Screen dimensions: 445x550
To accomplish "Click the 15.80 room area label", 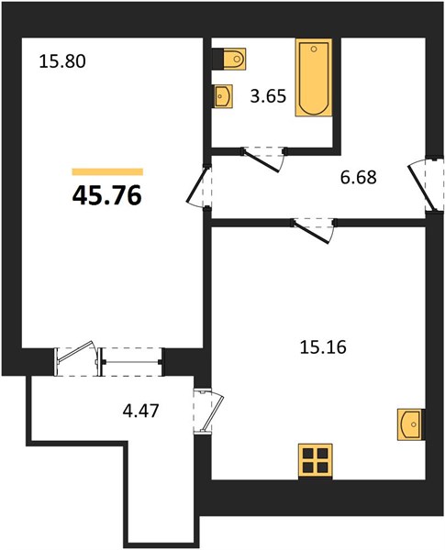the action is tap(62, 62).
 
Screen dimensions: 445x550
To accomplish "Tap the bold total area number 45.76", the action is tap(107, 195).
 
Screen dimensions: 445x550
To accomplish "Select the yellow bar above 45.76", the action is tap(107, 171).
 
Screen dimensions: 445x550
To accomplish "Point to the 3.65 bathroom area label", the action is tap(268, 96).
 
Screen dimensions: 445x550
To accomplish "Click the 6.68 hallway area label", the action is tap(359, 177).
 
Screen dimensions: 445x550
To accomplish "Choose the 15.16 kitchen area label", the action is tap(323, 347).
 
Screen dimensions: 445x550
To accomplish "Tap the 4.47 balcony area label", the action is tap(141, 411).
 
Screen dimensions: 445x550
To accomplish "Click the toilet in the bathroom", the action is tap(230, 59).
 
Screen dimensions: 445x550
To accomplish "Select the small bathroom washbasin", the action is tap(224, 95).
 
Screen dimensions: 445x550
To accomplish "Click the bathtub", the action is tap(314, 78).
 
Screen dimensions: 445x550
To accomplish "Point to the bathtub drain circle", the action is tap(314, 49).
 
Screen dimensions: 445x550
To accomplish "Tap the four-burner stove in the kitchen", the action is tap(316, 461).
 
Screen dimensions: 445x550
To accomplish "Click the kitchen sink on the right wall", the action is tap(410, 424).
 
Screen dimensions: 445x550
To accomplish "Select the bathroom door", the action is tap(263, 159).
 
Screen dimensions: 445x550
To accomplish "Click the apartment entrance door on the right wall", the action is tap(423, 184).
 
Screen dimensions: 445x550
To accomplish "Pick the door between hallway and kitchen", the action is tap(313, 230).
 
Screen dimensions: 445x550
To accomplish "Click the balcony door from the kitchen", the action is tap(209, 411).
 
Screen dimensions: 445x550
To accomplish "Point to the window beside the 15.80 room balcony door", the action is tap(131, 362).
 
